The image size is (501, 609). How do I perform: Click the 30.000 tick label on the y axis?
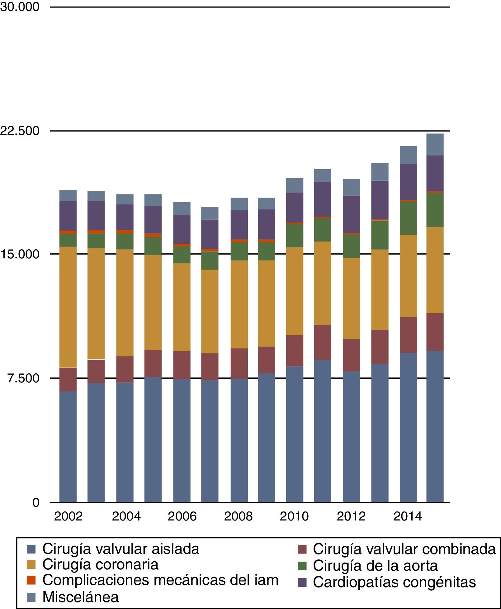(20, 7)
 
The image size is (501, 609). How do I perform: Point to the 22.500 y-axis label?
(20, 131)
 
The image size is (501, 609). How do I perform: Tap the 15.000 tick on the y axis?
(20, 254)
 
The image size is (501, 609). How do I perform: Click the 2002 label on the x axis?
(68, 516)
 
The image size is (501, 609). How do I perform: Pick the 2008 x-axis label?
(238, 516)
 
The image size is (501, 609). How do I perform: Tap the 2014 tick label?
(408, 516)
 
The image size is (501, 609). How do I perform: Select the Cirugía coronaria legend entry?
(100, 564)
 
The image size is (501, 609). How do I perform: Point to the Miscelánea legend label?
(80, 597)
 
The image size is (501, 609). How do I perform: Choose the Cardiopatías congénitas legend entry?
(394, 582)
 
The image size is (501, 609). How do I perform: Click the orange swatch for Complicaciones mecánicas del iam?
(31, 580)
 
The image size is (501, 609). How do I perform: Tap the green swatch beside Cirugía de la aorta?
(302, 566)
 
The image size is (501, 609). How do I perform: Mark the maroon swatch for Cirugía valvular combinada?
(302, 549)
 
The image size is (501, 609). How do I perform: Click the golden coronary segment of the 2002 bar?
(68, 307)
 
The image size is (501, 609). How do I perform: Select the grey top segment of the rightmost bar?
(435, 144)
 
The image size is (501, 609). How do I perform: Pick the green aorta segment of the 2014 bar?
(408, 218)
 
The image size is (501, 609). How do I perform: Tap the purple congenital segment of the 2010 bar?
(295, 207)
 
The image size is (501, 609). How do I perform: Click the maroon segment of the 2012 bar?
(351, 355)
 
